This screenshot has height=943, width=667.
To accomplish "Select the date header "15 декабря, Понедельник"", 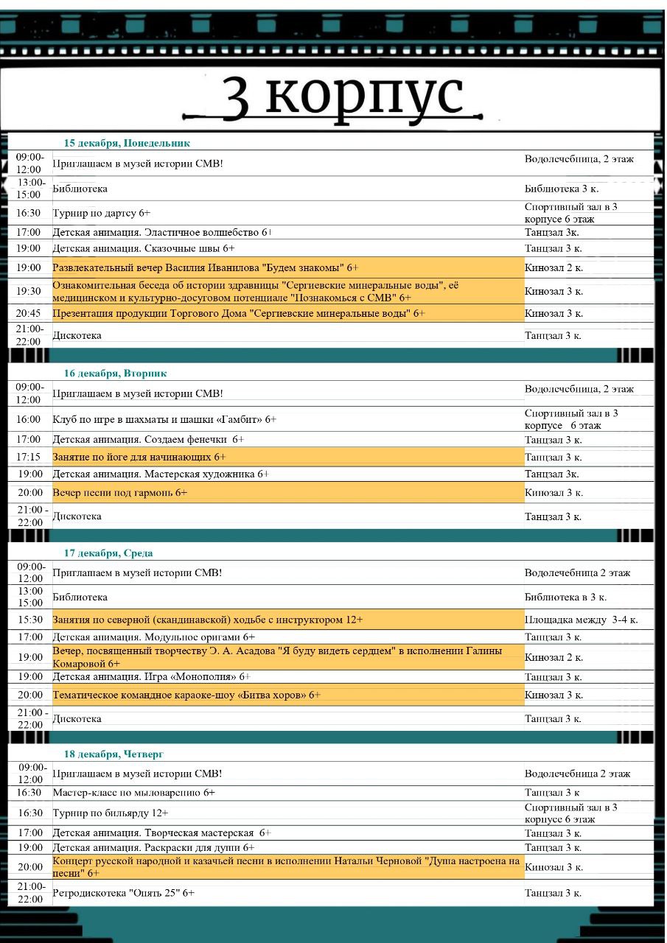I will pyautogui.click(x=127, y=143).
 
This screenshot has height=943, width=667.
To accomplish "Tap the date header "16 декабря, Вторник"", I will pyautogui.click(x=115, y=374).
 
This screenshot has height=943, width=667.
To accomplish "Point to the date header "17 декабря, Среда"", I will pyautogui.click(x=108, y=553).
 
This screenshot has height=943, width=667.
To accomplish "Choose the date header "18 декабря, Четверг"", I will pyautogui.click(x=114, y=754).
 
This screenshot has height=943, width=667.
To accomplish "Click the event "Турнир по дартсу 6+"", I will pyautogui.click(x=102, y=213).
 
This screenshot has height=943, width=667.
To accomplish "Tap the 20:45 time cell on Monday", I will pyautogui.click(x=29, y=313).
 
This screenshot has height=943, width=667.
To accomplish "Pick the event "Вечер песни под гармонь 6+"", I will pyautogui.click(x=120, y=492).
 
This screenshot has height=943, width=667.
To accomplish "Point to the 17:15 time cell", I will pyautogui.click(x=29, y=458).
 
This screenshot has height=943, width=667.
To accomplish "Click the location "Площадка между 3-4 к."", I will pyautogui.click(x=582, y=620).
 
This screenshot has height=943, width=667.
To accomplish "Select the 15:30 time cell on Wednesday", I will pyautogui.click(x=30, y=620).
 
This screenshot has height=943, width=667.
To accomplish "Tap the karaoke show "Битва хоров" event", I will pyautogui.click(x=186, y=695).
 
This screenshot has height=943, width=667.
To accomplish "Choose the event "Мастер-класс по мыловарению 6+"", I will pyautogui.click(x=134, y=793).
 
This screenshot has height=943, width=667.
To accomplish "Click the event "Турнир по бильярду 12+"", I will pyautogui.click(x=111, y=813).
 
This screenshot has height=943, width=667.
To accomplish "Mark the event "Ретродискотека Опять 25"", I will pyautogui.click(x=124, y=893).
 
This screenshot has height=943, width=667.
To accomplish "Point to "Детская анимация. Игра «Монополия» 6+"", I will pyautogui.click(x=152, y=676).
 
